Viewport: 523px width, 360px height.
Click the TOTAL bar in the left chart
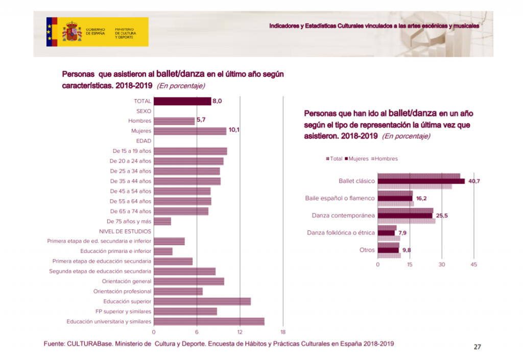tap(182, 101)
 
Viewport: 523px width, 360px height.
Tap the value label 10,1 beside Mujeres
tap(234, 130)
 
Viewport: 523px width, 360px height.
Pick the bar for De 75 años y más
tap(162, 221)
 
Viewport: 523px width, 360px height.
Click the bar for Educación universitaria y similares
tap(209, 321)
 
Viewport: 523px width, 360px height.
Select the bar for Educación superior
tap(202, 301)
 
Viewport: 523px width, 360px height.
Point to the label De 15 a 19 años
tap(132, 151)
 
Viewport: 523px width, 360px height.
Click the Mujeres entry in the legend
tap(358, 159)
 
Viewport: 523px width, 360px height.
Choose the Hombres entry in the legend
tap(386, 159)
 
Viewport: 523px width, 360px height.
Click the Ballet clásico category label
tap(356, 181)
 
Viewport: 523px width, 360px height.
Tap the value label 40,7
tap(474, 181)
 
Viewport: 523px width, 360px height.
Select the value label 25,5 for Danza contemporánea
tap(442, 215)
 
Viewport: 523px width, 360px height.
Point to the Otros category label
tap(367, 250)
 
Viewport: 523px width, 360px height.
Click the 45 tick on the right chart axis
tap(473, 265)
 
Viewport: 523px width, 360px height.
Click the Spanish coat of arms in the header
tap(72, 32)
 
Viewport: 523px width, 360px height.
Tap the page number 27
tap(477, 347)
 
